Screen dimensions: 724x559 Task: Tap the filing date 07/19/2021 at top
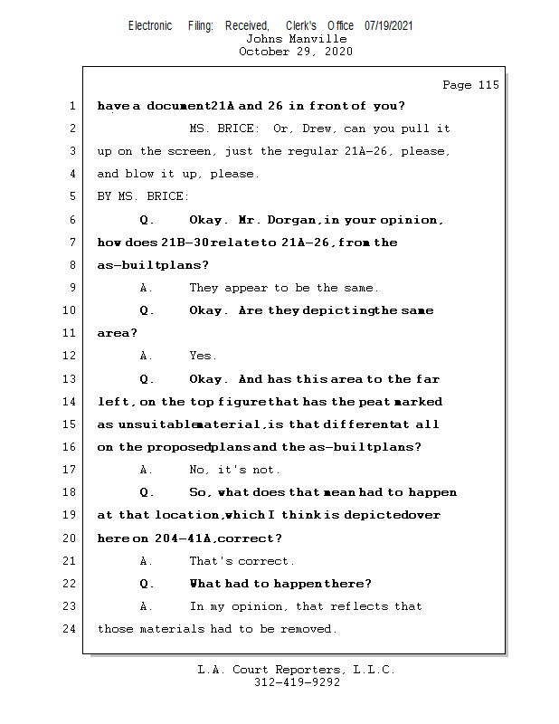389,26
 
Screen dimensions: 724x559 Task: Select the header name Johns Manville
296,39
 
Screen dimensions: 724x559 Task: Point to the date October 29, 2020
296,52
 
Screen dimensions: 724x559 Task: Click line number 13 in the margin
71,379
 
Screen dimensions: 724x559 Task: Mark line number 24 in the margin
71,628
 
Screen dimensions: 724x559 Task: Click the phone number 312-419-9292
296,682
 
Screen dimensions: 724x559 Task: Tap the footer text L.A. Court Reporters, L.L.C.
296,670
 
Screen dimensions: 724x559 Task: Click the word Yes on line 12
203,356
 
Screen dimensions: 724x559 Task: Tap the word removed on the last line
308,628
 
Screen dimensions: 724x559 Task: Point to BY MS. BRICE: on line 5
144,196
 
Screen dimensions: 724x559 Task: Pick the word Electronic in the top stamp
150,26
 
